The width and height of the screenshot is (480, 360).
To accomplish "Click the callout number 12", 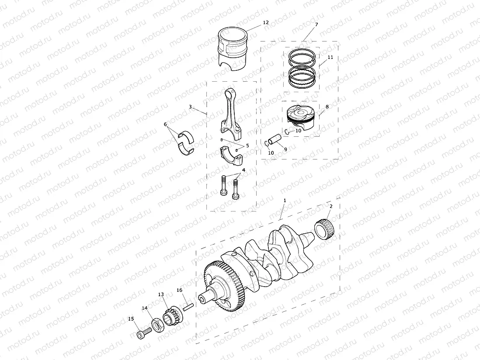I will [x=266, y=22].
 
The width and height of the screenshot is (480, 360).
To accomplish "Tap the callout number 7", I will [x=317, y=25].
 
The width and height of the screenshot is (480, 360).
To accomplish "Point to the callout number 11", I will [x=330, y=57].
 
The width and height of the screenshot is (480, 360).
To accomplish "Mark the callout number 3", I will [x=190, y=107].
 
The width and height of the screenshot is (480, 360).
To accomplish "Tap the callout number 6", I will [x=165, y=124].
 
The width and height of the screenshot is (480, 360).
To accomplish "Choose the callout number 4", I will [x=243, y=170].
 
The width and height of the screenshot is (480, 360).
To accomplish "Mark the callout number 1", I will [x=285, y=200].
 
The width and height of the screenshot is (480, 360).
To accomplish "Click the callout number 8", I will [x=327, y=106].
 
